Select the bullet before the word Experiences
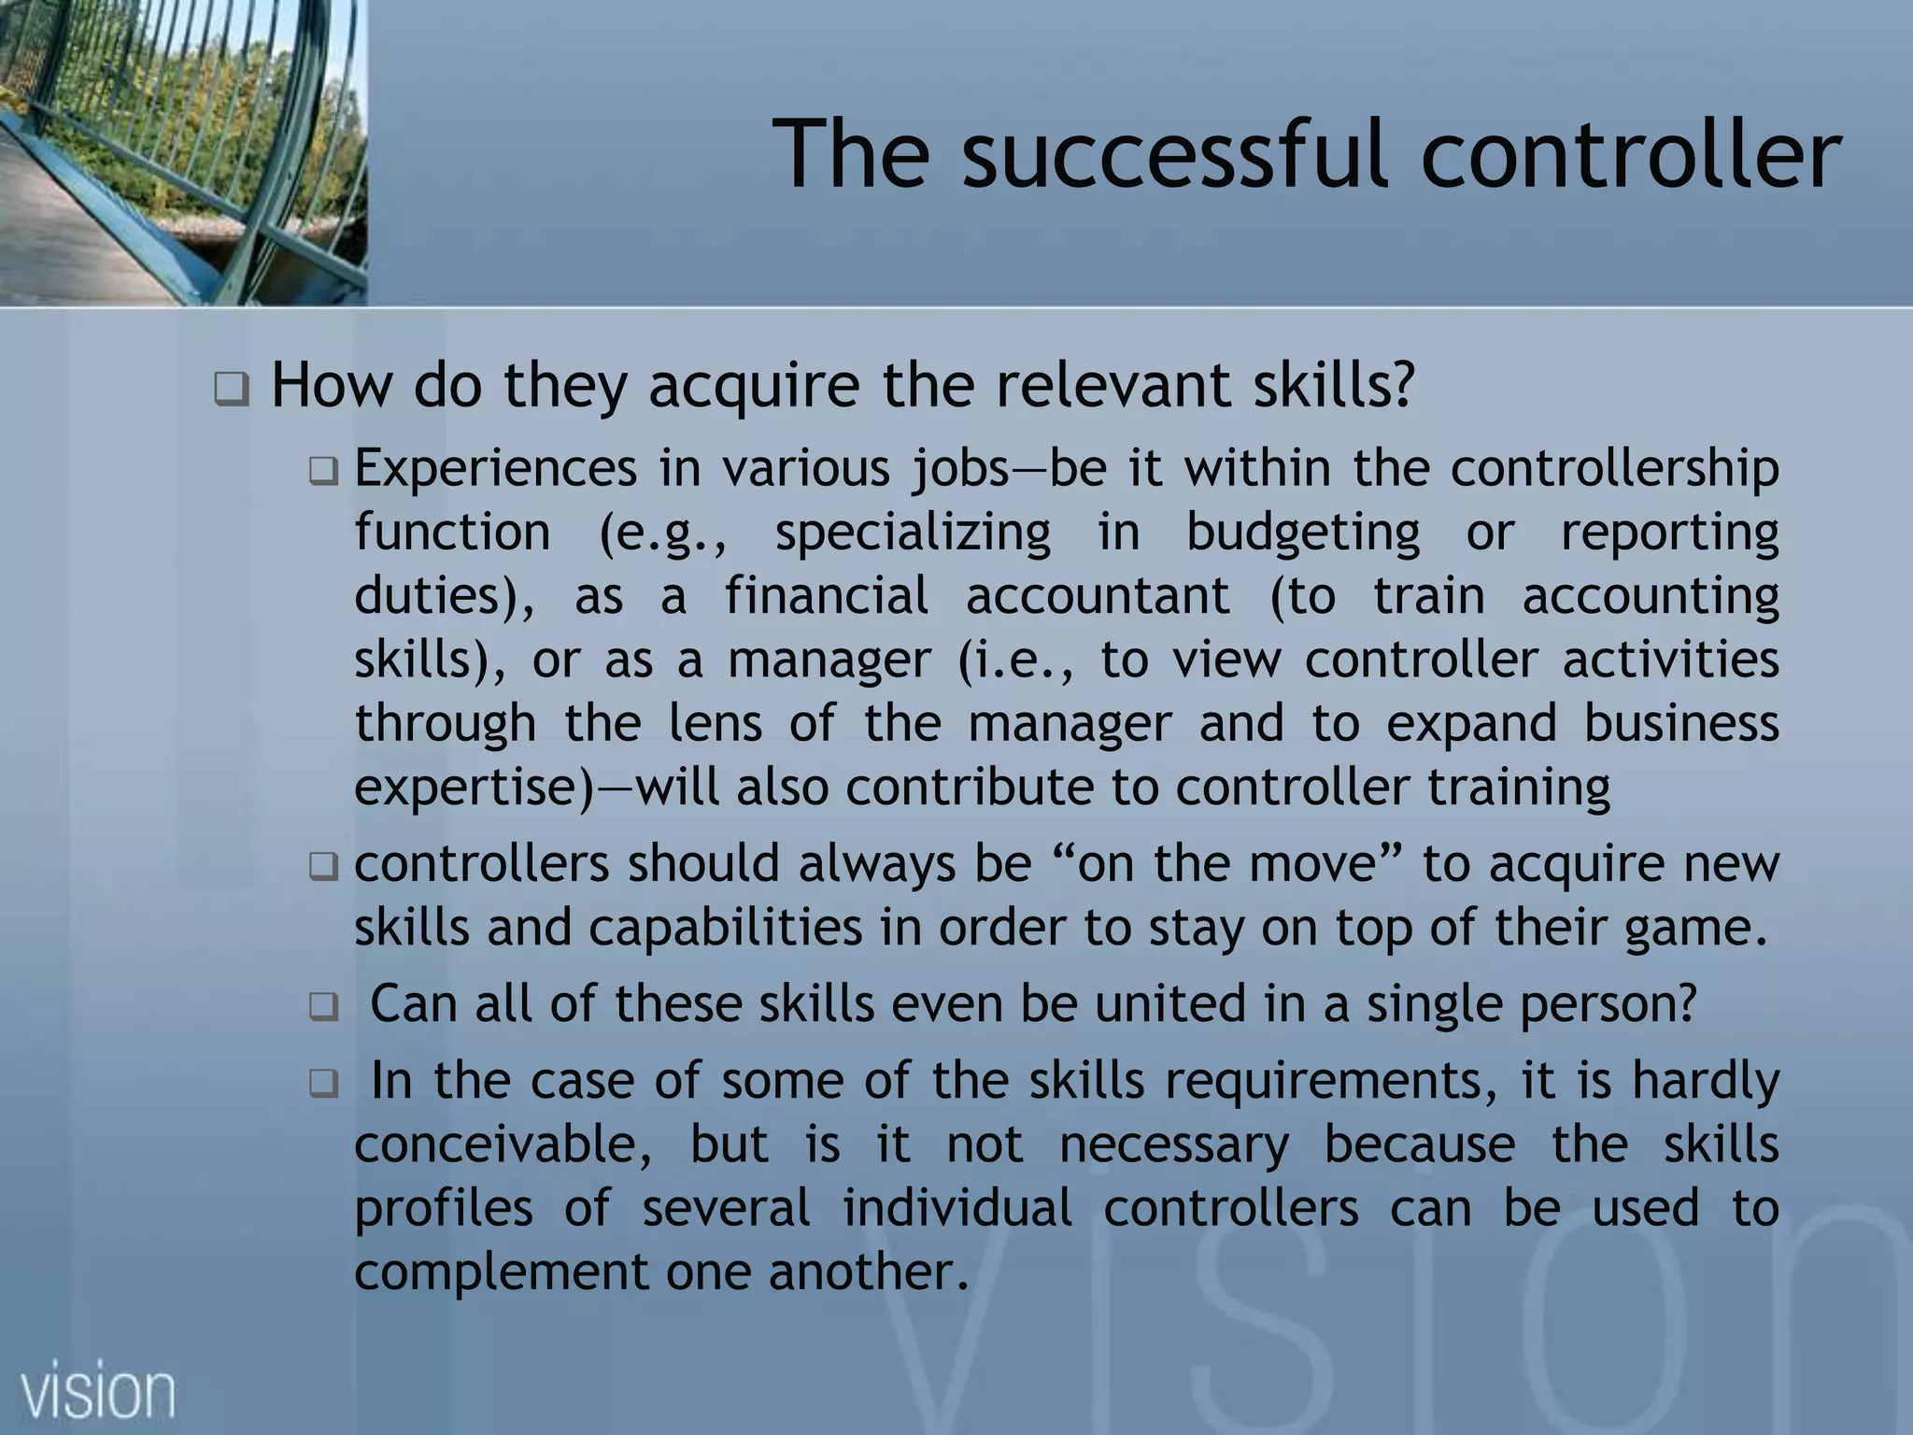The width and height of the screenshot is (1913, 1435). click(x=324, y=471)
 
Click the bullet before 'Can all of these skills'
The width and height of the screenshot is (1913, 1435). click(x=324, y=1008)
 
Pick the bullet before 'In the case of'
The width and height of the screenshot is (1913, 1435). click(x=324, y=1085)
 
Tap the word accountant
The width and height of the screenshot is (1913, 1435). click(x=1098, y=596)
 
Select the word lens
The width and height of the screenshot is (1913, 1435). click(x=716, y=723)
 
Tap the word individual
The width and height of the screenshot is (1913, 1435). click(x=957, y=1208)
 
